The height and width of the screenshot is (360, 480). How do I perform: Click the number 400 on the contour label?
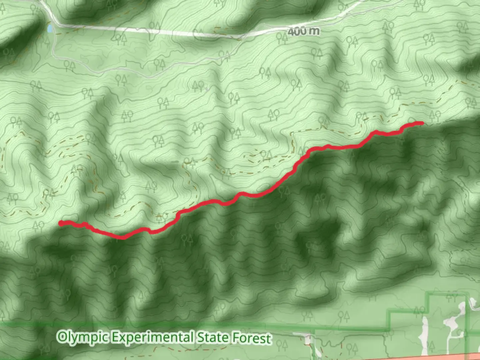tap(297, 31)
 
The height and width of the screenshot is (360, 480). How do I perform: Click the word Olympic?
tap(83, 337)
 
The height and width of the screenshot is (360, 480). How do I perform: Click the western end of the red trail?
tap(61, 223)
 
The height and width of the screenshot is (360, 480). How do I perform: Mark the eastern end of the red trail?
tap(422, 123)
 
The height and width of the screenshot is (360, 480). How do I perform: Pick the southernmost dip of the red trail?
tap(123, 238)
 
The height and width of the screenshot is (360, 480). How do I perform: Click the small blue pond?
tap(50, 29)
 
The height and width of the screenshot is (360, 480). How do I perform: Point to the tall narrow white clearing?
tap(425, 330)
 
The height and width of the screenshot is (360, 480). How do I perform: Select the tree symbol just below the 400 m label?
tap(282, 39)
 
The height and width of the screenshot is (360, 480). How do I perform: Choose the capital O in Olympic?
tap(62, 337)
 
